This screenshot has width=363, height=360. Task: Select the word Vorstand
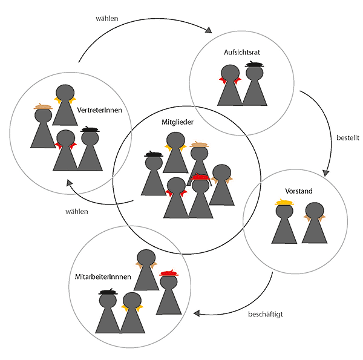(x=298, y=191)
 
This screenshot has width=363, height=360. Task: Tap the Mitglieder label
(x=177, y=122)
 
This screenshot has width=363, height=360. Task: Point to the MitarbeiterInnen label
(x=100, y=277)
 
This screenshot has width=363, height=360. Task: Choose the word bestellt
(x=348, y=137)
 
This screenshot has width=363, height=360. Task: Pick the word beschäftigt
(x=266, y=315)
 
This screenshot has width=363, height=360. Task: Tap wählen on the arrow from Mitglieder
(x=77, y=211)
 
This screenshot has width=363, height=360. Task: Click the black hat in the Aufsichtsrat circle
(x=255, y=64)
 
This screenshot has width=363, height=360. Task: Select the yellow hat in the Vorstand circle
(x=284, y=202)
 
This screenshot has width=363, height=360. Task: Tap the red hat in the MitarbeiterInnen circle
(x=168, y=274)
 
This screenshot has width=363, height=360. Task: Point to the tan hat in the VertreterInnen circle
(x=43, y=107)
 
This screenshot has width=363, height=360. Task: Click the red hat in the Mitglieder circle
(x=200, y=177)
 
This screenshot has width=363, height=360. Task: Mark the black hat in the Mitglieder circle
(x=153, y=155)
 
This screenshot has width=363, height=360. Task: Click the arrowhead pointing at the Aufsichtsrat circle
(x=211, y=30)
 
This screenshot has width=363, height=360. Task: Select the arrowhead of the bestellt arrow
(x=325, y=172)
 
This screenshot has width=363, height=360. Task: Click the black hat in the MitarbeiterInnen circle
(x=108, y=292)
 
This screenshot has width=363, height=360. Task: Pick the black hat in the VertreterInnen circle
(x=90, y=129)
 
